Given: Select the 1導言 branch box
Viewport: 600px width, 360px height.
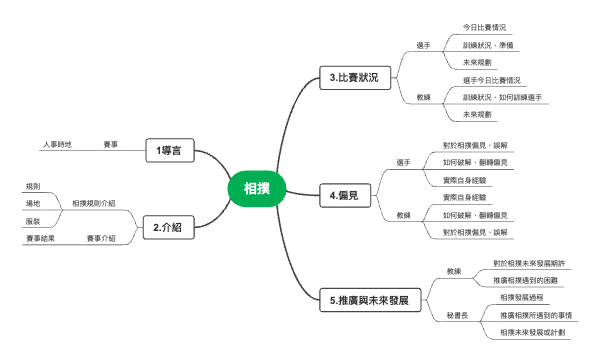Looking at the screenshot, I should coord(168,150).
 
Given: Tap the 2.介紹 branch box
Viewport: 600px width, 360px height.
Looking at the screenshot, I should coord(167,228).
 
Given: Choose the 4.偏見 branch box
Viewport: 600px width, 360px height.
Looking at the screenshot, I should coord(344,198).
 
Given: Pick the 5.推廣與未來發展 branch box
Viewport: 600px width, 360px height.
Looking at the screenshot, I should coord(369,300).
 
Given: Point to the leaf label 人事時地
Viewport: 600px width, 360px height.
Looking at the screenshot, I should coord(56,144).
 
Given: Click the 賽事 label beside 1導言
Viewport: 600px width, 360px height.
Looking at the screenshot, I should coord(111,144).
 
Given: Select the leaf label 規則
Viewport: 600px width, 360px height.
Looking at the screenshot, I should coord(33,185).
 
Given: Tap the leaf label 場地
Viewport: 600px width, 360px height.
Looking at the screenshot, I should coord(33,203).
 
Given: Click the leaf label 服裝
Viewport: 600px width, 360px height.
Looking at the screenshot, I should coord(33,220).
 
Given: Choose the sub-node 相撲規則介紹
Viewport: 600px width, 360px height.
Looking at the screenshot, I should coord(94,203).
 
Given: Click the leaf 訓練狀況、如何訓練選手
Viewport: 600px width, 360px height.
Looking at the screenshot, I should coord(503,98).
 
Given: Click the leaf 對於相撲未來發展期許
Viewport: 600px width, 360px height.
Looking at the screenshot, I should coord(529,263).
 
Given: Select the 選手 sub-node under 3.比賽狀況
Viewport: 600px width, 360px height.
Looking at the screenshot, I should coord(423,45).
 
